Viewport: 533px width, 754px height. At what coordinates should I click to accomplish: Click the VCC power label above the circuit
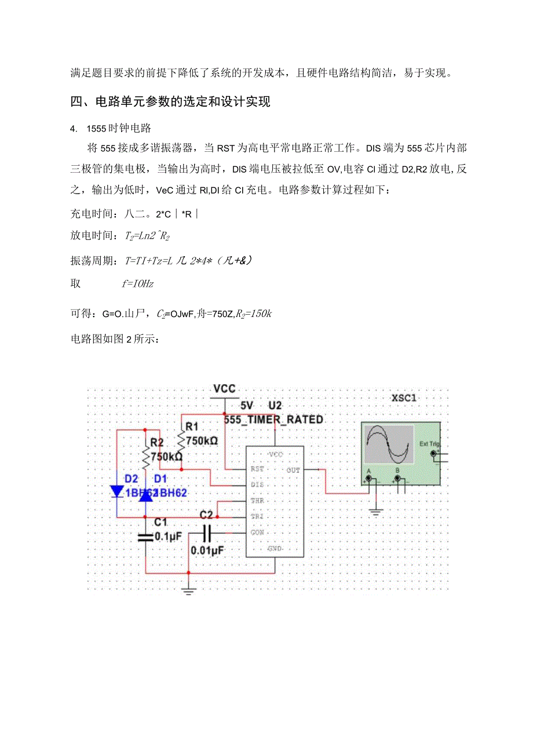(224, 388)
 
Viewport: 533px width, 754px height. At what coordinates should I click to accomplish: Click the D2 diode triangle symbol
(117, 491)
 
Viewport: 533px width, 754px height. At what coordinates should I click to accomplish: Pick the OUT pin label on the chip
(293, 470)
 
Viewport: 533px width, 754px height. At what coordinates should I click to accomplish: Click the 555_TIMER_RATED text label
(273, 419)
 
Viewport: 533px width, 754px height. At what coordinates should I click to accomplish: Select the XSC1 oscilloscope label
(404, 398)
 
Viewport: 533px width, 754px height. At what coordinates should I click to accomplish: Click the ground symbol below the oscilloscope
(377, 511)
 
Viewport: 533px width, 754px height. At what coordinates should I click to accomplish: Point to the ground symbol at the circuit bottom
(188, 591)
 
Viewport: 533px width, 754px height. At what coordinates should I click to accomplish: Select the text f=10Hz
(138, 284)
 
